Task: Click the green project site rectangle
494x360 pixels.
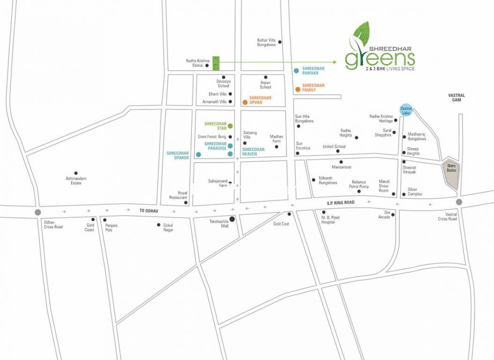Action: (x=216, y=63)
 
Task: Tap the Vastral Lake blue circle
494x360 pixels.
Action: (x=406, y=109)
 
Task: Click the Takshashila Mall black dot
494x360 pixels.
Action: (x=232, y=218)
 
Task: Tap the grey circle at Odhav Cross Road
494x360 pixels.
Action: (x=38, y=212)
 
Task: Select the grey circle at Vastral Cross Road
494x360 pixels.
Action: (x=459, y=202)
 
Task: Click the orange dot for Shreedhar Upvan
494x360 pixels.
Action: (x=244, y=102)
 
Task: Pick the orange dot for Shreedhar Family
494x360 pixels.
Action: (x=297, y=89)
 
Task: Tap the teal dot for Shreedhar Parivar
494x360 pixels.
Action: (x=296, y=71)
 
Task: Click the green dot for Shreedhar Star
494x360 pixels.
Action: (x=230, y=126)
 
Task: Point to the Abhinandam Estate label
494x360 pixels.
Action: (x=76, y=180)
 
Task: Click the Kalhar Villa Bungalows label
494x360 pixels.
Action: (x=266, y=42)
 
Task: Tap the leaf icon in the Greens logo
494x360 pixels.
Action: (x=360, y=35)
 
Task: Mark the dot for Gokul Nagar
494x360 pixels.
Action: (x=159, y=225)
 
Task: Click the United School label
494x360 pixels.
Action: (x=334, y=147)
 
